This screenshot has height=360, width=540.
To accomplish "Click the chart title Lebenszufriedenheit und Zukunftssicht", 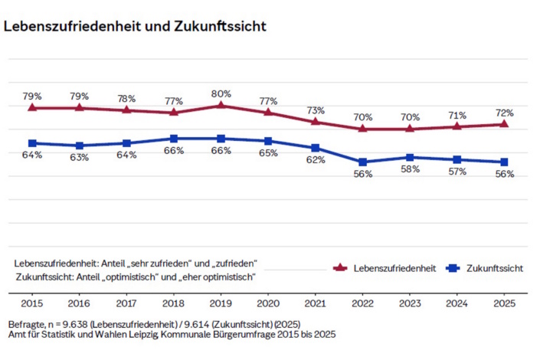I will [135, 27].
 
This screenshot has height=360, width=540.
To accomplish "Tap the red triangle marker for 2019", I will [221, 105].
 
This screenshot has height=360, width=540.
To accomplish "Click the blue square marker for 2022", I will [362, 162].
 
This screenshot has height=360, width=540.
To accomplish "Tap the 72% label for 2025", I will [503, 113].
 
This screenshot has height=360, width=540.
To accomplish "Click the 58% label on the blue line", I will [410, 169].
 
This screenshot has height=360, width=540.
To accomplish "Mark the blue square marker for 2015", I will [32, 143].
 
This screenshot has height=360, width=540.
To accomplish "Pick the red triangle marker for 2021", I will [316, 121].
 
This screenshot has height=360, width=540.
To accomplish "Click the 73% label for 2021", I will [316, 110].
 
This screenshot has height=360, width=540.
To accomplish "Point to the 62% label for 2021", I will [316, 159].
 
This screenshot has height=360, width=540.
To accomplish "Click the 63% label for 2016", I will [80, 157].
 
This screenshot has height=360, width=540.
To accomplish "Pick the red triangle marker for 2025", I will [503, 124].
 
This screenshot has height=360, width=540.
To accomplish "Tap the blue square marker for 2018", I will [174, 139].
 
